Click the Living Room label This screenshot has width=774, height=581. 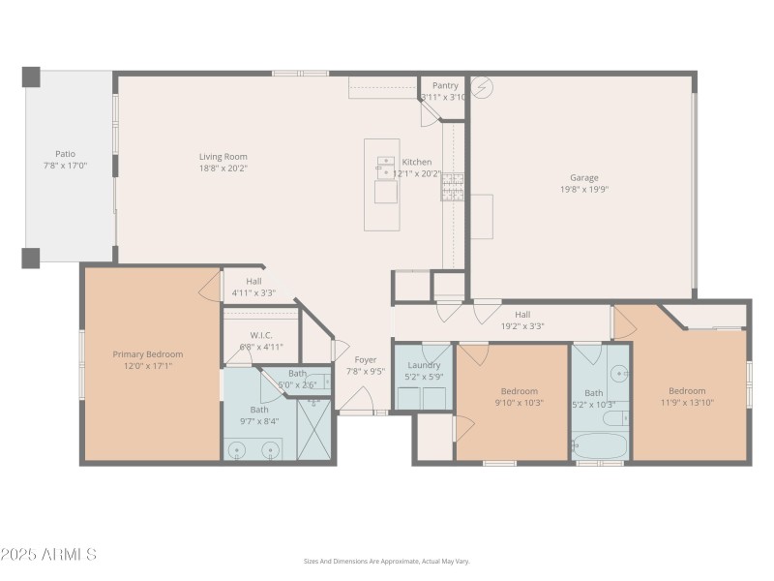coord(223,156)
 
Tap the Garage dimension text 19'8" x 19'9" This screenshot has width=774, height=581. coord(583,190)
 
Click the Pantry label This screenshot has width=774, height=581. coord(445,85)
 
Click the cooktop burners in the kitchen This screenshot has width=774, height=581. coord(453,186)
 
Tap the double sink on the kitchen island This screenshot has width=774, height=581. coord(385,168)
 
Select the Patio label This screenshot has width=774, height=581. coord(65,153)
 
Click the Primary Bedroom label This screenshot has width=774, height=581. coord(147,354)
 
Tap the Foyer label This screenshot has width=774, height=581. coord(366,359)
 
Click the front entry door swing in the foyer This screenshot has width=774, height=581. coord(357,399)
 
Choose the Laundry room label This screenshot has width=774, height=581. coord(424,365)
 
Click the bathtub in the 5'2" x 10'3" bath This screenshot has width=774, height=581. coord(600,447)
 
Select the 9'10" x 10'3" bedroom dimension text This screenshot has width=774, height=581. coord(520,402)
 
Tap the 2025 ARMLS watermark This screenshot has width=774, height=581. coord(48,555)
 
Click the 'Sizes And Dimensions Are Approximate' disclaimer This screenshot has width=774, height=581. coord(387,561)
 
